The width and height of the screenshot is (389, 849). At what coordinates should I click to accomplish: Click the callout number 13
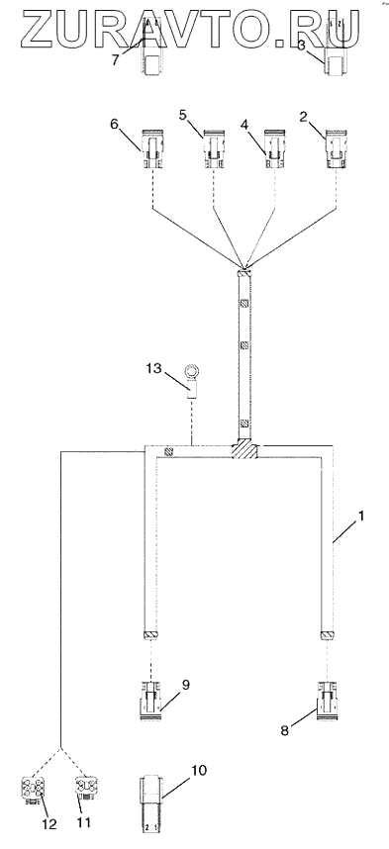pos(153,368)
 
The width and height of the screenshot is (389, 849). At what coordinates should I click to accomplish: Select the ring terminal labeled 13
pos(192,382)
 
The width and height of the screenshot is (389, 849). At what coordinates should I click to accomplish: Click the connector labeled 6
pos(151,148)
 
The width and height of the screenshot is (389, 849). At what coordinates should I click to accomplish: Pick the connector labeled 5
pos(213,148)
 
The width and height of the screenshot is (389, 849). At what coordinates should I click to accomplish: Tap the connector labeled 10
pos(151,805)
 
